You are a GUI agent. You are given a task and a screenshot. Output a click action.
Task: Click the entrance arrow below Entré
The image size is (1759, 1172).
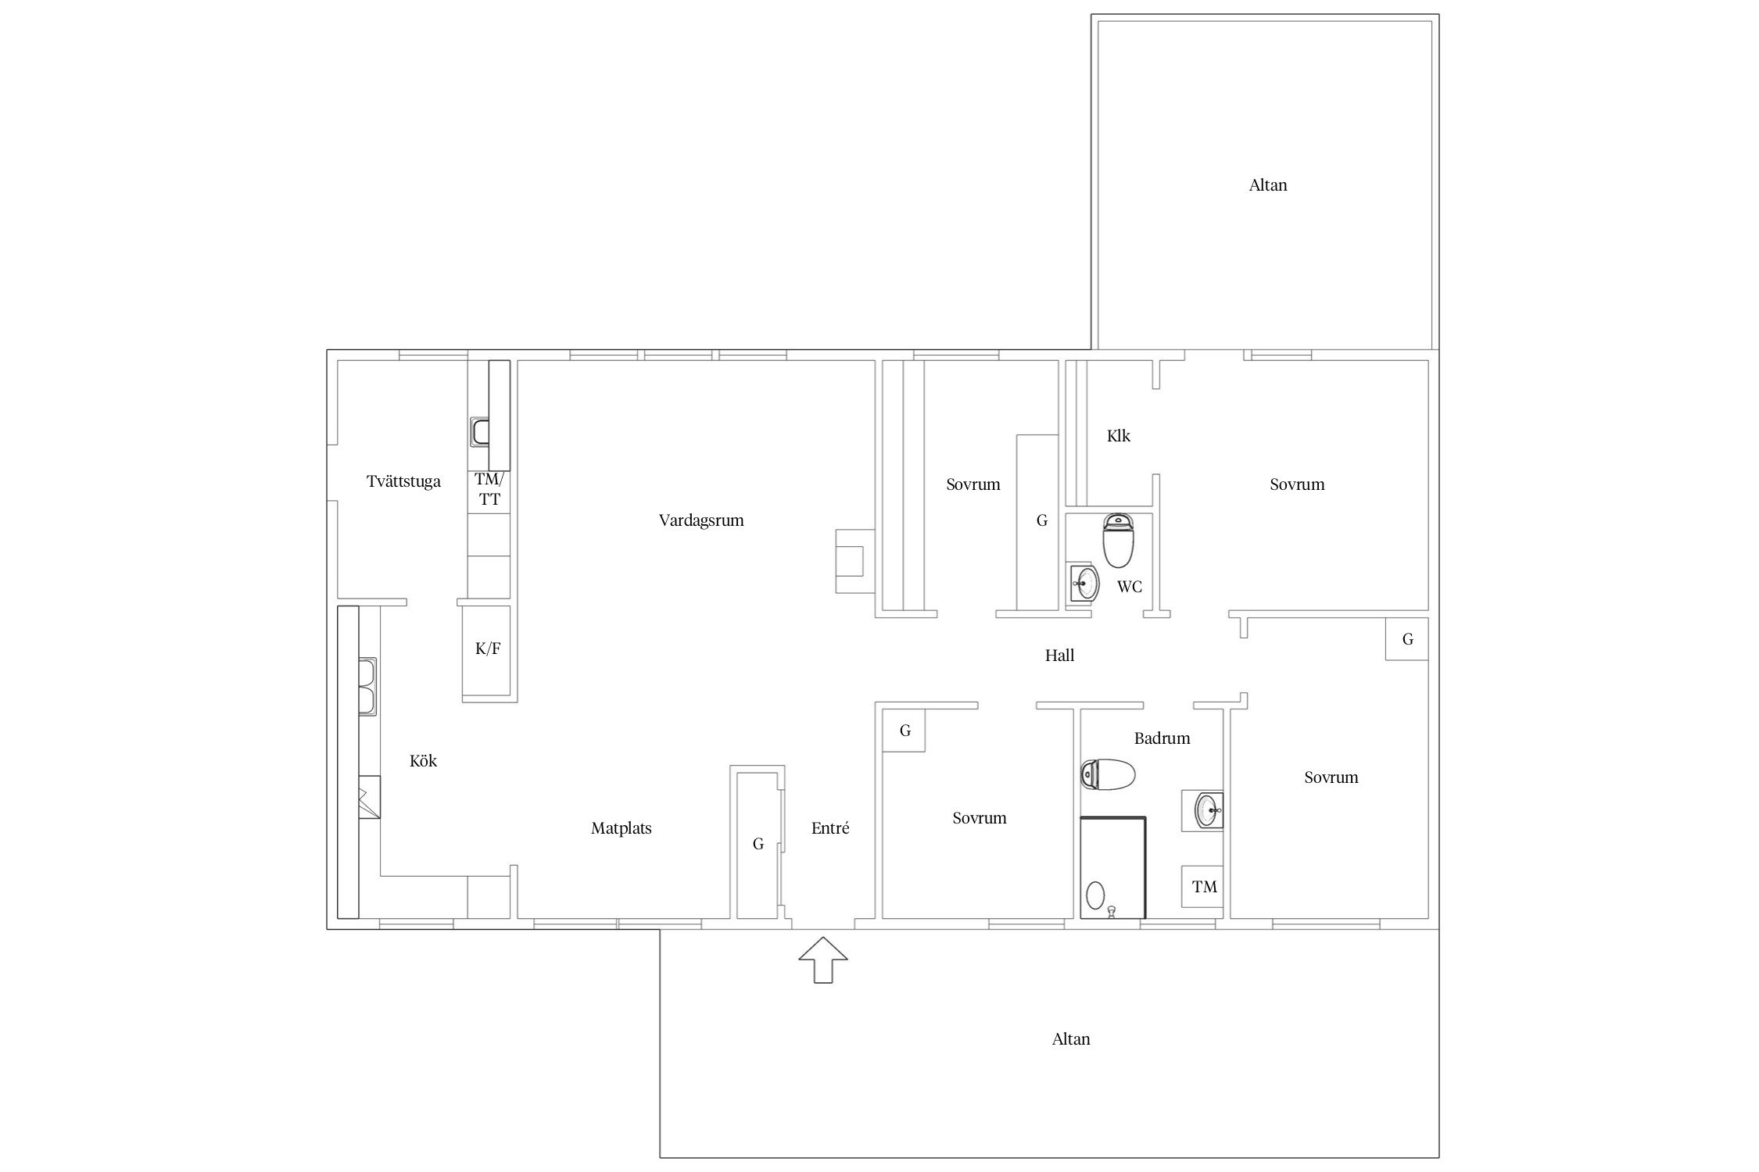[x=823, y=959]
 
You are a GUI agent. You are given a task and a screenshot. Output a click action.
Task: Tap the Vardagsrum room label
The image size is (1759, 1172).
[x=701, y=520]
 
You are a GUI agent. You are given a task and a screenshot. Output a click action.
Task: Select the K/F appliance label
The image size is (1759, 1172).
[x=488, y=648]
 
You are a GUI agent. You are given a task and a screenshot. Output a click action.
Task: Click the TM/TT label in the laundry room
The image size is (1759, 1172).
[x=489, y=489]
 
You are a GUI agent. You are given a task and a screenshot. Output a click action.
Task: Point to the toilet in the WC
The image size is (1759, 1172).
[x=1118, y=540]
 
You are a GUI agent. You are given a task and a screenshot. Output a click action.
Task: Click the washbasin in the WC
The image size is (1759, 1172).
[x=1084, y=583]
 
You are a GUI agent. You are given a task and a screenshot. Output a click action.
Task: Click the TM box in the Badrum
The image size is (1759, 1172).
[x=1202, y=886]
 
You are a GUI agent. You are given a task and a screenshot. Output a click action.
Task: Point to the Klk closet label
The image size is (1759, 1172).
[x=1119, y=436]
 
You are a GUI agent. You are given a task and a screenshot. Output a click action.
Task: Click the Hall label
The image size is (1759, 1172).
[x=1059, y=656]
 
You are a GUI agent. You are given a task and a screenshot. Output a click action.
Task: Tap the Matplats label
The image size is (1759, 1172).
[x=622, y=828]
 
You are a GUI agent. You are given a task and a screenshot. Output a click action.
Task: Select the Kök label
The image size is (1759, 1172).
[x=423, y=761]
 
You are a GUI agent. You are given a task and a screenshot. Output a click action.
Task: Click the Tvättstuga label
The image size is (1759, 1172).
[x=403, y=481]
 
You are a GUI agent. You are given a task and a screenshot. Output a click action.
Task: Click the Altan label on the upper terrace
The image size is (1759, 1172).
[x=1268, y=185]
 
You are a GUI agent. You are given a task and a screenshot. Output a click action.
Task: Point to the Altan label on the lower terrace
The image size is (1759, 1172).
[x=1071, y=1039]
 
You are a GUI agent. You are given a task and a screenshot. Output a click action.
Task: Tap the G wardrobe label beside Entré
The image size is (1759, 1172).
[x=758, y=844]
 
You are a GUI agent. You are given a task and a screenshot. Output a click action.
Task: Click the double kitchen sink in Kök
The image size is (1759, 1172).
[x=367, y=687]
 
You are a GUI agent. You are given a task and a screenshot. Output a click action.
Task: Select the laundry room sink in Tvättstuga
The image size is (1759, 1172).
[x=480, y=431]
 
